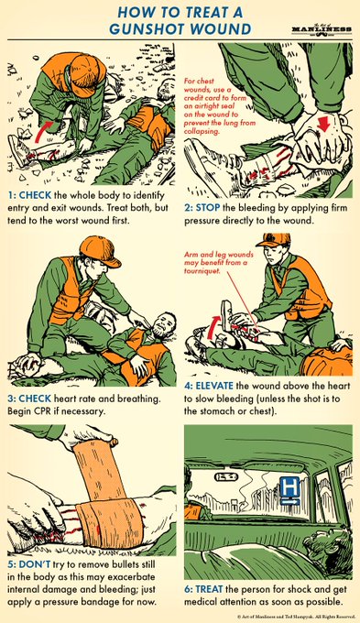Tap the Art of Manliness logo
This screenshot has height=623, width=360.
tap(322, 30)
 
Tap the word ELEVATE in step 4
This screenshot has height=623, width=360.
tap(214, 386)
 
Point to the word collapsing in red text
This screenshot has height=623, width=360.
tap(202, 131)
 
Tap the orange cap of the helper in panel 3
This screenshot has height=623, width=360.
tap(99, 251)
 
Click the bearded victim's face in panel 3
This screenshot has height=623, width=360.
tap(164, 324)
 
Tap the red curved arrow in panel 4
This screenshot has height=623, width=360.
tap(212, 326)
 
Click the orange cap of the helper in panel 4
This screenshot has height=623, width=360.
tap(273, 240)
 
